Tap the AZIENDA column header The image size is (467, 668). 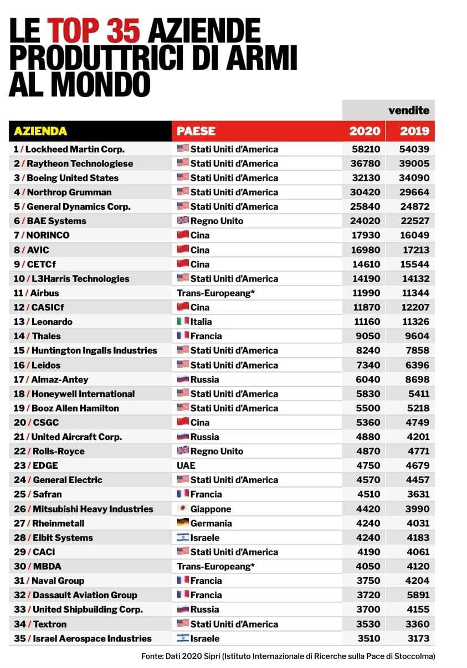coord(40,131)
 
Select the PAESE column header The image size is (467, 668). coord(196,131)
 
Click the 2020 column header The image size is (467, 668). coord(365,131)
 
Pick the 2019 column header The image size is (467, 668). coord(414,131)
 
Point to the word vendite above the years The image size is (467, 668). coord(408,110)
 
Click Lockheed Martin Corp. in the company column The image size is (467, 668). coord(75,149)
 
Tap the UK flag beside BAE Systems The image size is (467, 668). coord(183,220)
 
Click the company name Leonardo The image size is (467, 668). coord(52,322)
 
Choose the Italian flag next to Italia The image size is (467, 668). coord(183,321)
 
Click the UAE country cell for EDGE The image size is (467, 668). coord(186,465)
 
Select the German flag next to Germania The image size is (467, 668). coord(183,522)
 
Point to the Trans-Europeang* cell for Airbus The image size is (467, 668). coord(215,293)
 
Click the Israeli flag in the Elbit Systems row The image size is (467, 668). coord(183,537)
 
